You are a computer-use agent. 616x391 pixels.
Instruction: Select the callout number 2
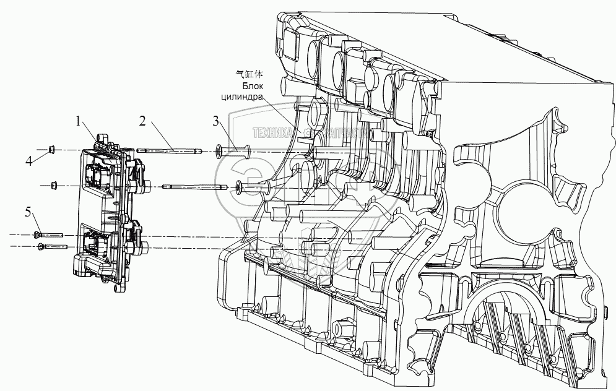(x=142, y=121)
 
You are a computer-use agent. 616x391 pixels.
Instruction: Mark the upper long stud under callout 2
(x=170, y=150)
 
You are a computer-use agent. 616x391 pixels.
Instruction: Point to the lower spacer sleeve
(x=254, y=185)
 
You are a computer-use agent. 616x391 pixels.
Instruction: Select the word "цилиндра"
(x=245, y=97)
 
